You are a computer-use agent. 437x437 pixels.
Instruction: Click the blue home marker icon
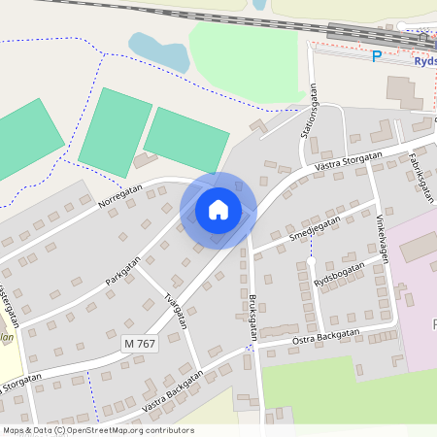coord(218,209)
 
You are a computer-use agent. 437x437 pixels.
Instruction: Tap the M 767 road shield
coord(140,344)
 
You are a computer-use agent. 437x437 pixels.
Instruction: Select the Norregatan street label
coord(121,198)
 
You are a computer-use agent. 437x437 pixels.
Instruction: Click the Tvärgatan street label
coord(175,311)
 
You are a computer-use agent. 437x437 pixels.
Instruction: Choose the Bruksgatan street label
coord(253,315)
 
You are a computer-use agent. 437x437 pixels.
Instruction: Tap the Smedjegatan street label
coord(315,229)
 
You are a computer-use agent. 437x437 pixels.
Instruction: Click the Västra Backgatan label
coord(172,390)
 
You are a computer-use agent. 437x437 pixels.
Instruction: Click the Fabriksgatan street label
coord(420,173)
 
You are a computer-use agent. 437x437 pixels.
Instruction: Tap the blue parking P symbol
coord(377,56)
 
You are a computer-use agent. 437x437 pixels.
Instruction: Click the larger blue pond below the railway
coord(160,50)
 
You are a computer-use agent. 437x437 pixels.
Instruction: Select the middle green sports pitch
coord(115,133)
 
